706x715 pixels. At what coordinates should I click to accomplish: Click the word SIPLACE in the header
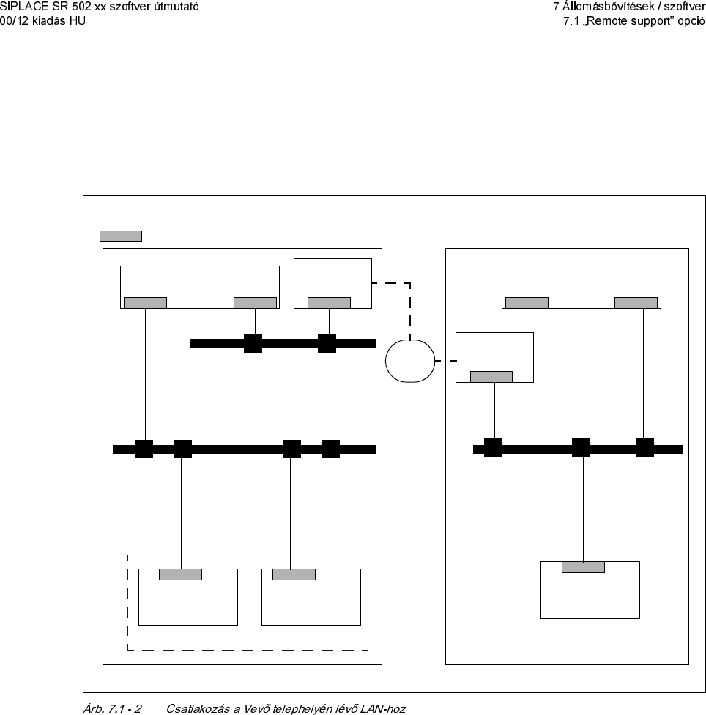tap(23, 7)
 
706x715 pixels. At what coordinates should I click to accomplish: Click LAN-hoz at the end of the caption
tap(384, 708)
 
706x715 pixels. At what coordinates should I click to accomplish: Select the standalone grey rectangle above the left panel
tap(120, 236)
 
